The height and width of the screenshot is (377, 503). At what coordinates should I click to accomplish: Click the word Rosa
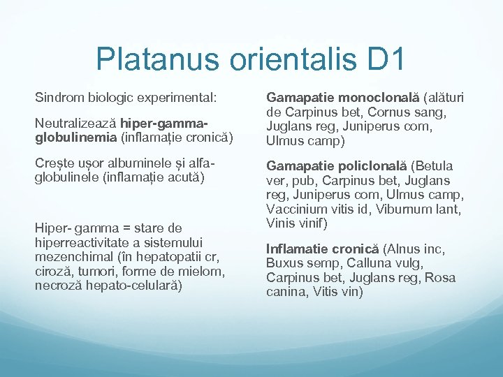[441, 277]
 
